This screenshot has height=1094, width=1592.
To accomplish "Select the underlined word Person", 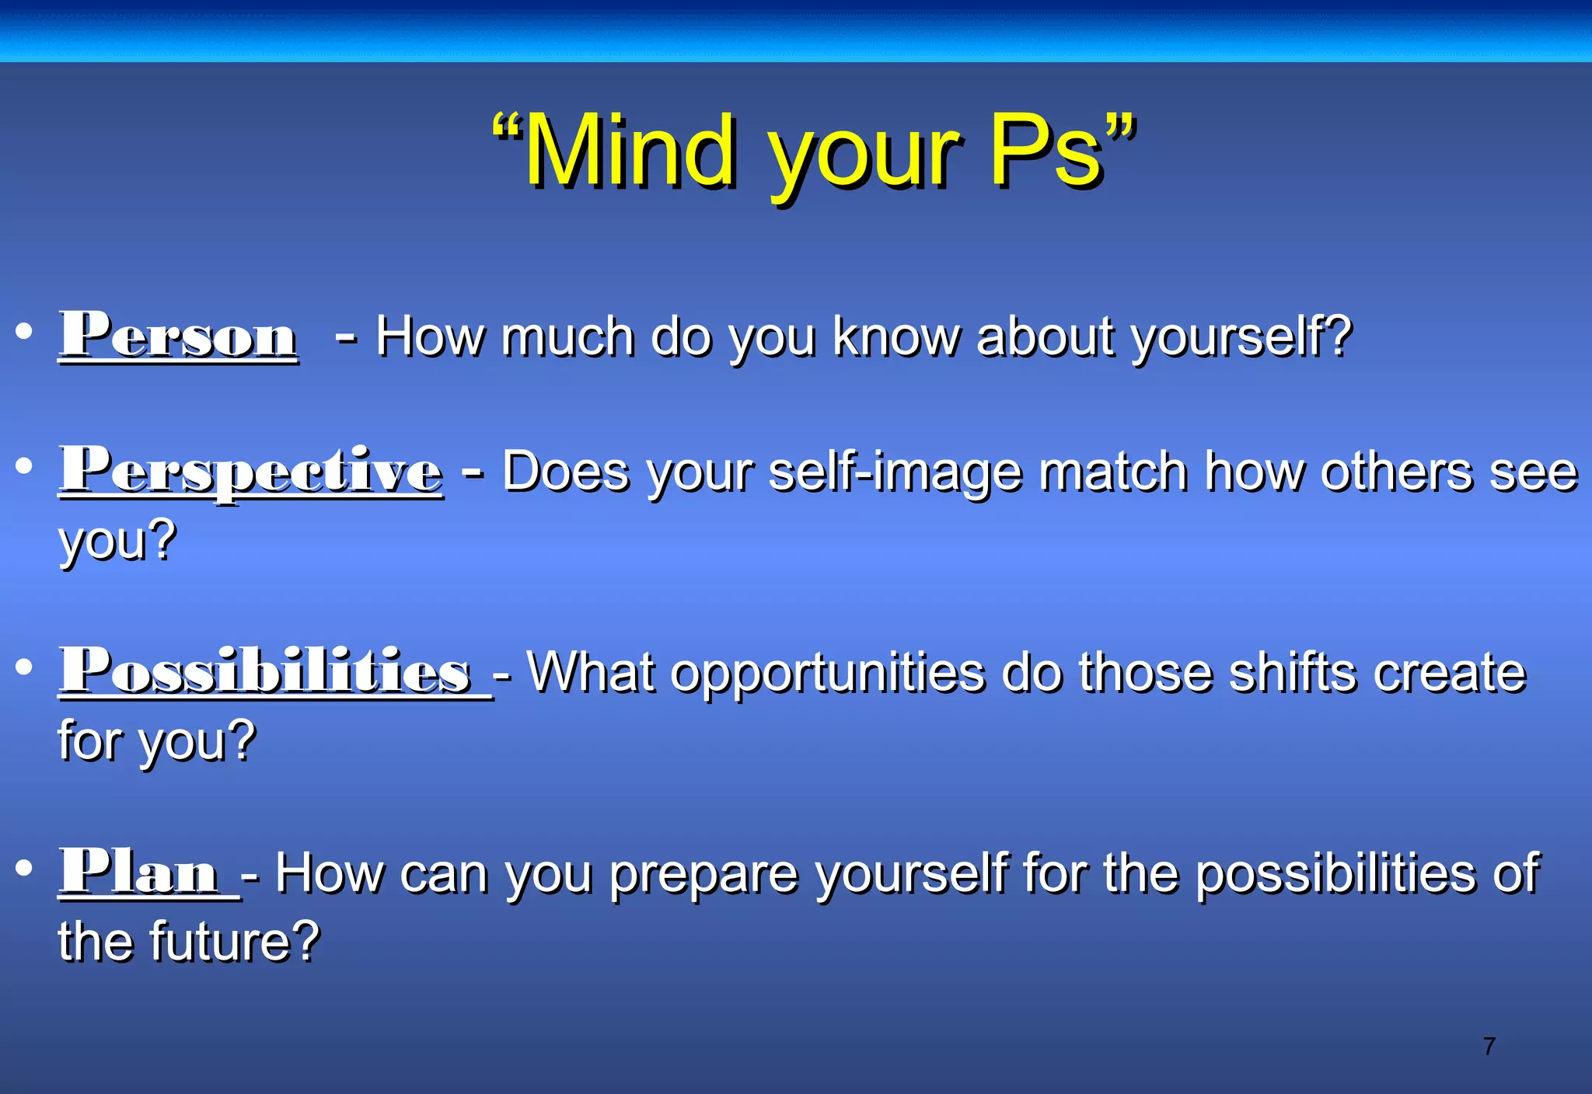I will pos(178,336).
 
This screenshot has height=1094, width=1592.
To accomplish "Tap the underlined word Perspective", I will pos(251,471).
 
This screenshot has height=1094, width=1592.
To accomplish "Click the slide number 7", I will pos(1489,1047).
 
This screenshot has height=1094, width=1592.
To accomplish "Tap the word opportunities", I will pos(827,673).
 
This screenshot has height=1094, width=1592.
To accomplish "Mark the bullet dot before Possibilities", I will pos(24,667).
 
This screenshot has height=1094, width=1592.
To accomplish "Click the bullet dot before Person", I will pos(24,331).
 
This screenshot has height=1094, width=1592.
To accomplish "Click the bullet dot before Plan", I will pos(24,867).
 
